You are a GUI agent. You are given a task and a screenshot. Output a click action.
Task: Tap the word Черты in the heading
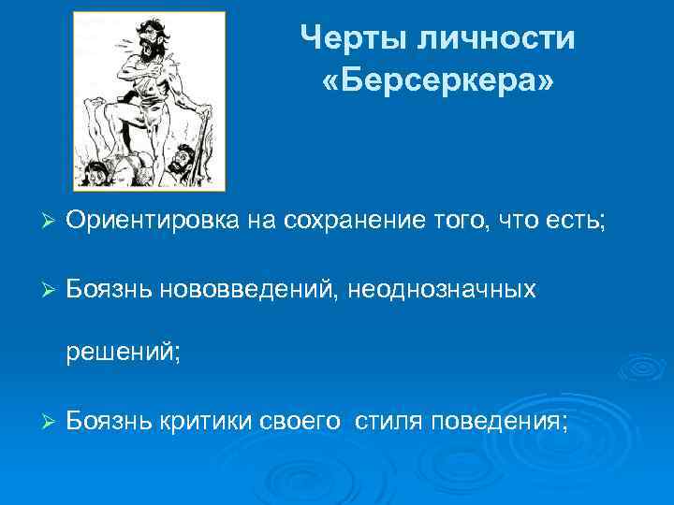pyautogui.click(x=342, y=38)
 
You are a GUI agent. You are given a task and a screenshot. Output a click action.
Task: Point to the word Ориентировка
pyautogui.click(x=154, y=220)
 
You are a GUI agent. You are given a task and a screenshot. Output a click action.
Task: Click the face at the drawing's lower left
pyautogui.click(x=96, y=170)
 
